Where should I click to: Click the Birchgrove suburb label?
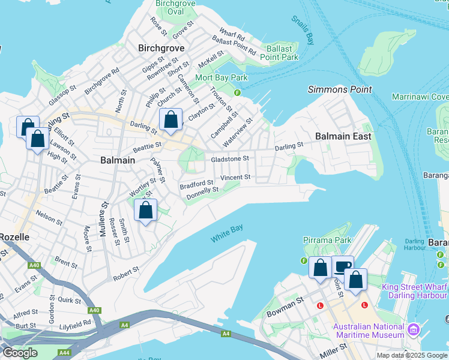pyautogui.click(x=161, y=47)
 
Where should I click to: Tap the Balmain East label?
pyautogui.click(x=340, y=136)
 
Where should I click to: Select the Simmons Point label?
pyautogui.click(x=340, y=89)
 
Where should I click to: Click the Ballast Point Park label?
pyautogui.click(x=279, y=53)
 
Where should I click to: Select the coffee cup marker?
pyautogui.click(x=343, y=266)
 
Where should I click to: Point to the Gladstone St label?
pyautogui.click(x=229, y=158)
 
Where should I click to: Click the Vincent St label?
pyautogui.click(x=235, y=178)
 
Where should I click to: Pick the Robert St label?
pyautogui.click(x=126, y=274)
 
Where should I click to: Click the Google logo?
pyautogui.click(x=19, y=352)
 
